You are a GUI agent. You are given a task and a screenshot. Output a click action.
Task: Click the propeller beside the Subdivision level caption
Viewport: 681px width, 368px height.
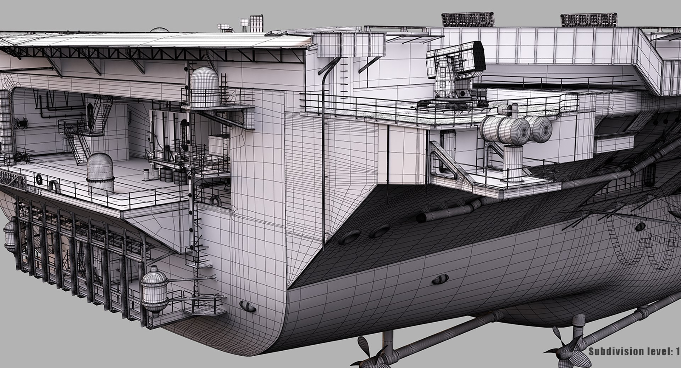tap(567, 349)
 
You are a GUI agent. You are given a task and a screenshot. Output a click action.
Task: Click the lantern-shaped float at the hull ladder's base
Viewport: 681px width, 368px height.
tap(154, 291)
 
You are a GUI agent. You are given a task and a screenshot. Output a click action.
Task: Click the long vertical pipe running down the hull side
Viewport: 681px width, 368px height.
tap(323, 149)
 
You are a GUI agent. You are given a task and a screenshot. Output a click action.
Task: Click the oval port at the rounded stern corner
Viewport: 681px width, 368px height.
tap(248, 305)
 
